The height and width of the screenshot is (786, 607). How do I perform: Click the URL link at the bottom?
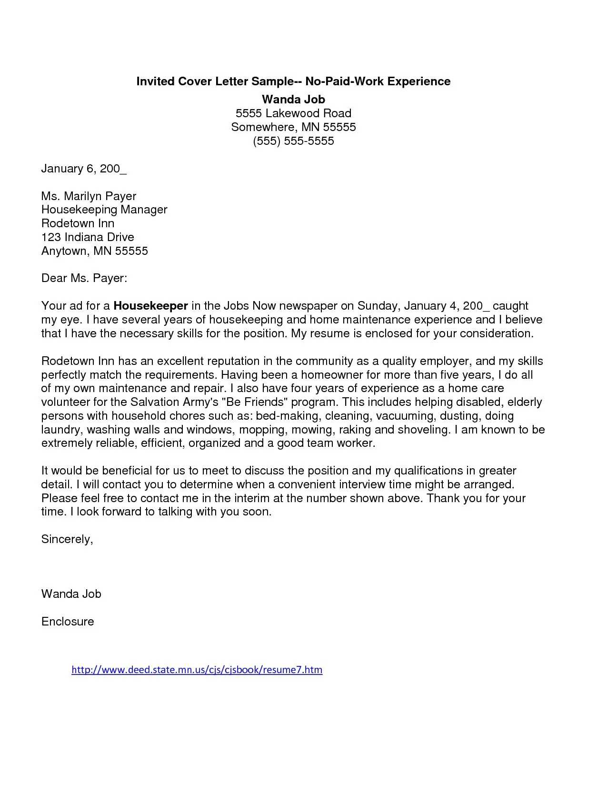pos(197,670)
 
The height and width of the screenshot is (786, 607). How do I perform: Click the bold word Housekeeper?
pos(151,306)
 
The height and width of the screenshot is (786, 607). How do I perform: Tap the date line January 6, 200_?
pos(84,169)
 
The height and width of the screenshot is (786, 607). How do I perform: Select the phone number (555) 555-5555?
pos(293,141)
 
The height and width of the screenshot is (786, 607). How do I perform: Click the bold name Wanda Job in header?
pos(293,100)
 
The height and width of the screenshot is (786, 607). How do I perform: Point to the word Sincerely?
pos(67,539)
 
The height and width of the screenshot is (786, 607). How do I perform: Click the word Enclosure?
pos(68,622)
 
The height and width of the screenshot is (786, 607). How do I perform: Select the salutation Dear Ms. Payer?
pos(84,278)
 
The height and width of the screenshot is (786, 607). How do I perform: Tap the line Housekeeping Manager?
pos(104,210)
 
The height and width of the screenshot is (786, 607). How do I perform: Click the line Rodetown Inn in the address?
pos(78,223)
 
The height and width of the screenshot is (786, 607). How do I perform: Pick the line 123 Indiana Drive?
pos(88,237)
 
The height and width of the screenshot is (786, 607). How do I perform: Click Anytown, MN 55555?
pos(95,251)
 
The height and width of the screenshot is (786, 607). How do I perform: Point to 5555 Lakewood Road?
pos(293,113)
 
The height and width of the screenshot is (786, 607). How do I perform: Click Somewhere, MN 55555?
pos(293,127)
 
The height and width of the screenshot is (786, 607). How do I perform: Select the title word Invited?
pos(155,81)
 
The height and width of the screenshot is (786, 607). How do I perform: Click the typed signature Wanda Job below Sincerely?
pos(71,594)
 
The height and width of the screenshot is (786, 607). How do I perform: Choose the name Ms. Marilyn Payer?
pos(89,196)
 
